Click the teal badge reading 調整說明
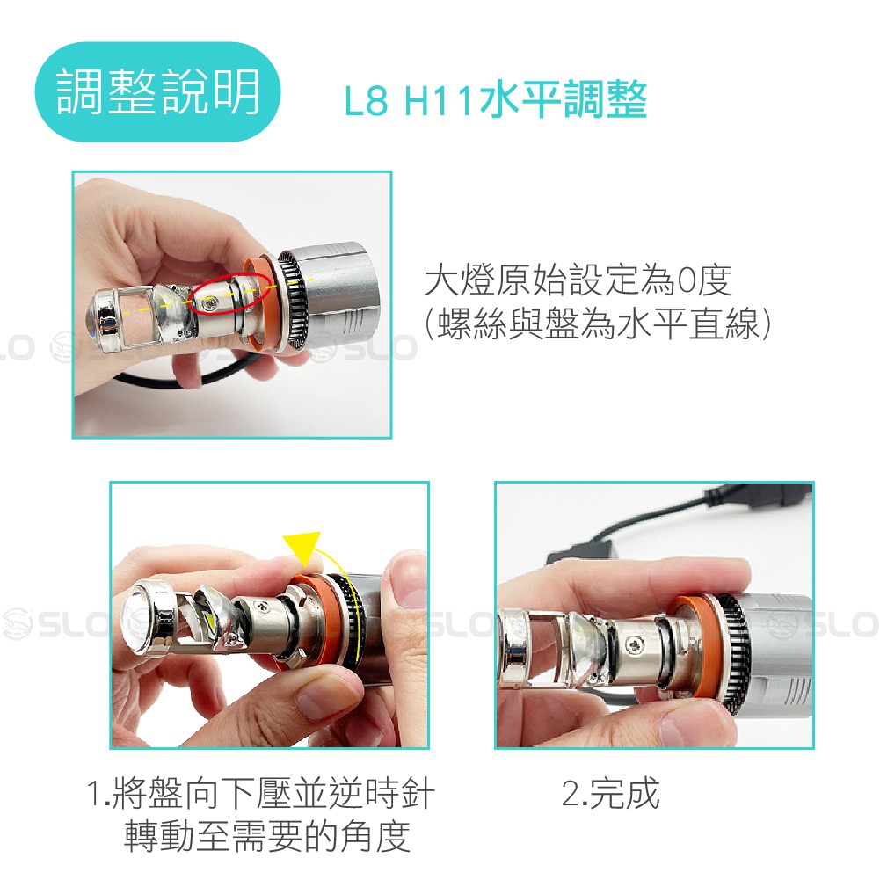[157, 91]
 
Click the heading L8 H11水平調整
[496, 100]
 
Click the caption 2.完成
[611, 794]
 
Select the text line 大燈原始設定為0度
[578, 280]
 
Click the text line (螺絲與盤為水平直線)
[598, 324]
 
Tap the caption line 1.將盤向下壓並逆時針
[261, 794]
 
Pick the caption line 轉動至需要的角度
[266, 836]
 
